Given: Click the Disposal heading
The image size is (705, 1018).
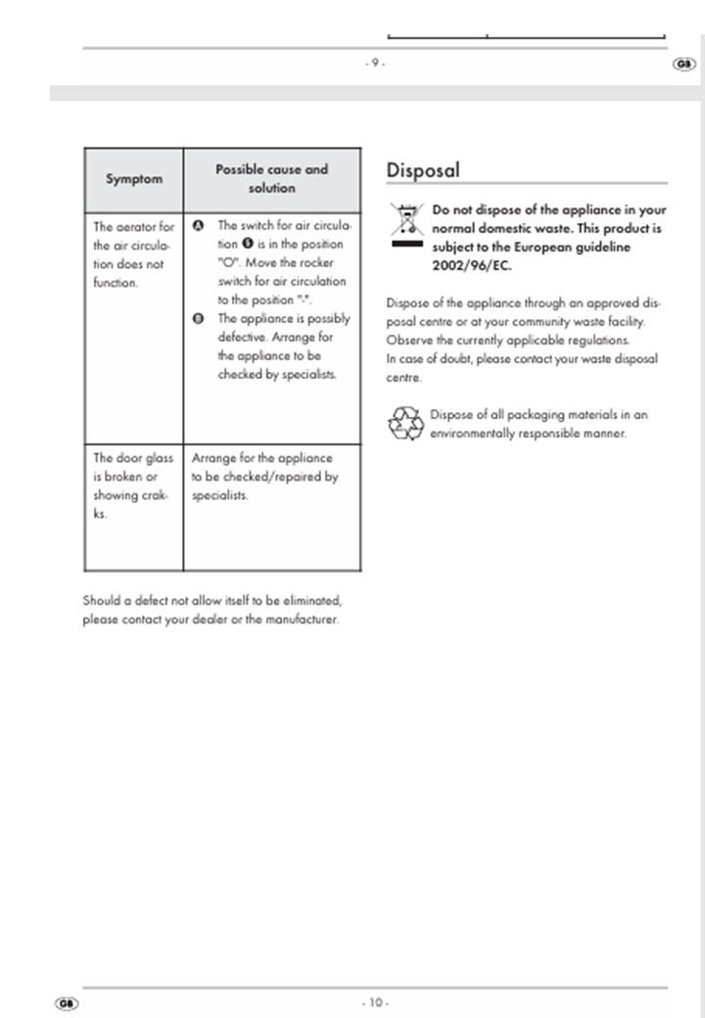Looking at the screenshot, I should pyautogui.click(x=423, y=170).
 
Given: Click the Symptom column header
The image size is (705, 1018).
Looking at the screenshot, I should pyautogui.click(x=134, y=179).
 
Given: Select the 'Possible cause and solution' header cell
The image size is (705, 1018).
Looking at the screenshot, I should pyautogui.click(x=271, y=178).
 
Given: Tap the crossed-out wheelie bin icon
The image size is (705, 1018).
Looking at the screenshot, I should pyautogui.click(x=405, y=225).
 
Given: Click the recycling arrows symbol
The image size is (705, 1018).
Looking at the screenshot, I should pyautogui.click(x=404, y=424).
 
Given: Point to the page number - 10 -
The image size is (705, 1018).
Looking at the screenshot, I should pyautogui.click(x=375, y=1002).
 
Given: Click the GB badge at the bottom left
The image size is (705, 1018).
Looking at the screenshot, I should pyautogui.click(x=67, y=1003).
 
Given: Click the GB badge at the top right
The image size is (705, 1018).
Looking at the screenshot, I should pyautogui.click(x=683, y=65).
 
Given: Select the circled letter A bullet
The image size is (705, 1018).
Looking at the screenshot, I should pyautogui.click(x=198, y=225).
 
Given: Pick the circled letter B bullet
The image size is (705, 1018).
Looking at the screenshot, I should pyautogui.click(x=198, y=319).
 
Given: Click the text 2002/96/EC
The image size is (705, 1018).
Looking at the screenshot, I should pyautogui.click(x=472, y=266).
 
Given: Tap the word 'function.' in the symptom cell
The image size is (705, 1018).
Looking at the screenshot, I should pyautogui.click(x=116, y=283).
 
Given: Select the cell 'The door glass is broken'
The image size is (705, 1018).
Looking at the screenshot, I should pyautogui.click(x=133, y=486).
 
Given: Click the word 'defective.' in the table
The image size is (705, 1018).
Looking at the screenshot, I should pyautogui.click(x=242, y=338).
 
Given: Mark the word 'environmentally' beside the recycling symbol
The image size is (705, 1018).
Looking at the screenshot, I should pyautogui.click(x=473, y=433).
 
